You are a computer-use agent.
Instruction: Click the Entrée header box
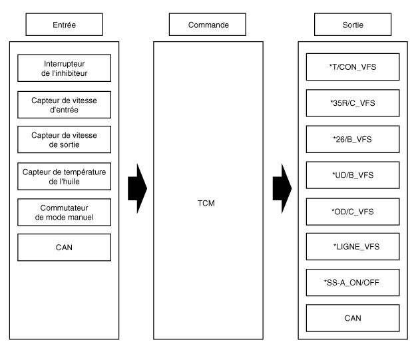(x=64, y=25)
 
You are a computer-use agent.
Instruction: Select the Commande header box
(x=208, y=25)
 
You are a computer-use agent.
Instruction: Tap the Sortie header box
(x=353, y=25)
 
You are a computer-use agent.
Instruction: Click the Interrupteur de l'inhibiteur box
(x=64, y=68)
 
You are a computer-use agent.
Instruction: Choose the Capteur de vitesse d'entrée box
(x=64, y=104)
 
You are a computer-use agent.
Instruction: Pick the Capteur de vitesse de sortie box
(x=64, y=140)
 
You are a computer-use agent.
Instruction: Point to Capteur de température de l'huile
(x=64, y=176)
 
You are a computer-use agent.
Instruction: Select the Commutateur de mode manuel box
(x=64, y=212)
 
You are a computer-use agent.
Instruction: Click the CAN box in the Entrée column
(x=64, y=248)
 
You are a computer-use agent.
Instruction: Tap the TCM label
(x=206, y=203)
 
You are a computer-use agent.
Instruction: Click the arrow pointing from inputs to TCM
(x=138, y=188)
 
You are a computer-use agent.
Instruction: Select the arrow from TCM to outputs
(x=282, y=188)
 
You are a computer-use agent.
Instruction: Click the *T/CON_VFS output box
(x=353, y=67)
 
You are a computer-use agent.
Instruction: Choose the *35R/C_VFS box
(x=353, y=103)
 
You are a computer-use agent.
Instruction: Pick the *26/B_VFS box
(x=353, y=139)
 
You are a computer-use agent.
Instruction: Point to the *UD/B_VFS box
(x=353, y=175)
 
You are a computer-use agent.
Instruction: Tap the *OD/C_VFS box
(x=353, y=212)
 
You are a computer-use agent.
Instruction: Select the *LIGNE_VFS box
(x=353, y=246)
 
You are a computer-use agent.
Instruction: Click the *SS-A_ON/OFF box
(x=353, y=283)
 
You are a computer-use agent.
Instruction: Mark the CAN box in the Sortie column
(x=353, y=318)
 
